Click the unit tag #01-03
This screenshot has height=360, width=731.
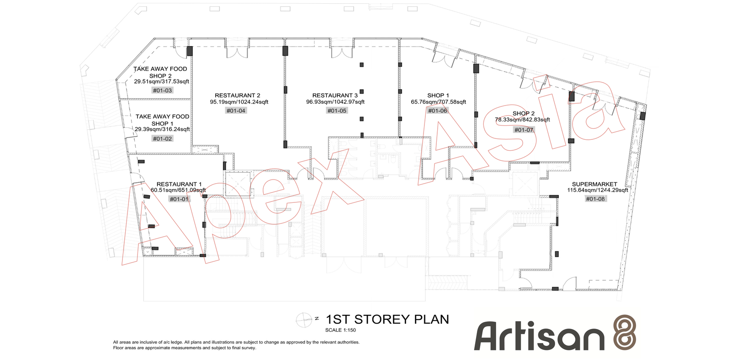coord(162,90)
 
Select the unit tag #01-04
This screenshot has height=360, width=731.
coord(236,111)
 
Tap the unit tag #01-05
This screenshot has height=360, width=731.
coord(337,111)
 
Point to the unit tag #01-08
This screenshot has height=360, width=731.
coord(595,199)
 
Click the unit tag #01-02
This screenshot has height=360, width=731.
coord(162,139)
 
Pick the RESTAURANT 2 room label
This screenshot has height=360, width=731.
coord(237,95)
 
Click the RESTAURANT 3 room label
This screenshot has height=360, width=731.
coord(335,95)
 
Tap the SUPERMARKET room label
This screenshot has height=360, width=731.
coord(594,184)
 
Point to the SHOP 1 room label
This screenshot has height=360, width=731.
coord(438,95)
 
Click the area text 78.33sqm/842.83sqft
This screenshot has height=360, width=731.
coord(523,119)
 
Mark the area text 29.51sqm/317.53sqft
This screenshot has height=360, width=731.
coord(162,81)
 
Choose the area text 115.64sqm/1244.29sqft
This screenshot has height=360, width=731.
coord(598,190)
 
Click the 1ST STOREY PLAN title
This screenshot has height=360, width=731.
coord(388,319)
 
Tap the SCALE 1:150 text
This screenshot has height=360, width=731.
coord(340,330)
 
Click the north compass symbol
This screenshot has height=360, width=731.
coord(304,319)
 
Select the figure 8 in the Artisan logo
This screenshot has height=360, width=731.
coord(625,332)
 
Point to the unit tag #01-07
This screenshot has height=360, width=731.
coord(524,130)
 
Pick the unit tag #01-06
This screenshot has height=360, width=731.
coord(438,111)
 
